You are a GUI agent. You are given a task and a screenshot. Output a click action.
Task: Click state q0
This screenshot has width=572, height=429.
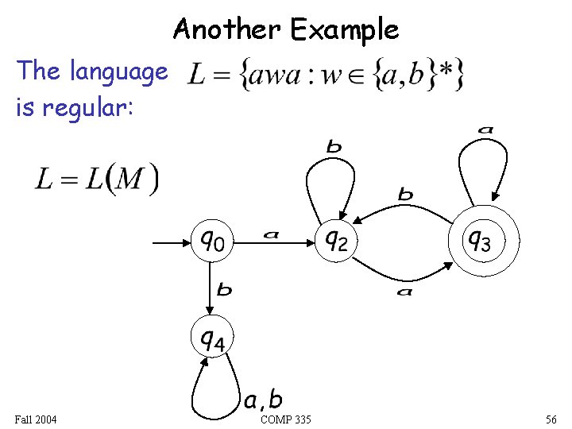point(212,239)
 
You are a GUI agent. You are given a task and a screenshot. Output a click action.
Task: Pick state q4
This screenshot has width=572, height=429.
point(212,340)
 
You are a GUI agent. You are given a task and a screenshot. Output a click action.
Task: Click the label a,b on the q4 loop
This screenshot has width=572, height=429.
point(263,398)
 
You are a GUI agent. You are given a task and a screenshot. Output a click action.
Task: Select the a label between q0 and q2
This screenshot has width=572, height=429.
point(272,234)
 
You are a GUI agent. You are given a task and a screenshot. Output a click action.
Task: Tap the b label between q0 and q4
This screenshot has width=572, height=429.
point(225,291)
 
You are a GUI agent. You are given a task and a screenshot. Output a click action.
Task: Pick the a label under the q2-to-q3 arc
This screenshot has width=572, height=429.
point(406,292)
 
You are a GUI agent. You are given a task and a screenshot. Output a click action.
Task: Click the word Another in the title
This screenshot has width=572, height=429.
point(226,30)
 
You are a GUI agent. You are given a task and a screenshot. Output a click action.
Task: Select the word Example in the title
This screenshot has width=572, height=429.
point(344,30)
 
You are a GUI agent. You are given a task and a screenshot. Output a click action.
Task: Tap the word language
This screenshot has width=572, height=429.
point(118,71)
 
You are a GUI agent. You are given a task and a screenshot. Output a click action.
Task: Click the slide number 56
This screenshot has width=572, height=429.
point(551,419)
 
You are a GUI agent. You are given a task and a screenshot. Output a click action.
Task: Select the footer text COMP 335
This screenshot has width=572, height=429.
point(285,419)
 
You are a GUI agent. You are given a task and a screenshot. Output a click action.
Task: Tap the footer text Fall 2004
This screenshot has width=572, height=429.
point(36,419)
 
